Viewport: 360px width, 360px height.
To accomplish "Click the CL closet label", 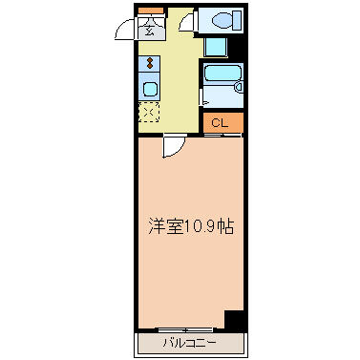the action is click(220, 123).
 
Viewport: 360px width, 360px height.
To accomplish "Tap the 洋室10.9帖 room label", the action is click(191, 226).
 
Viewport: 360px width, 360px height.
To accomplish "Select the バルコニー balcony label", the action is click(190, 343).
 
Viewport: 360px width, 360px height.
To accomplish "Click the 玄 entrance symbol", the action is click(149, 31).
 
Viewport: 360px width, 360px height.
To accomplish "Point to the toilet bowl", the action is click(222, 21).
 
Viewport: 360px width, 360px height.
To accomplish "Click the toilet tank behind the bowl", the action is click(237, 20).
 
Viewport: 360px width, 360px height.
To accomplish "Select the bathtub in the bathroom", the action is click(221, 74).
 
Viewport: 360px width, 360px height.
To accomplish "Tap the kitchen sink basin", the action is click(149, 89).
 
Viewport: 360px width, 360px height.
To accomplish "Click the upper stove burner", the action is click(149, 60).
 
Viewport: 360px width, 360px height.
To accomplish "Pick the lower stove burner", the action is click(149, 66).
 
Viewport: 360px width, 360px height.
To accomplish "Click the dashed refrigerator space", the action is click(149, 112).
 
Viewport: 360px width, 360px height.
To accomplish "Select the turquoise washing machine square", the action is click(216, 47).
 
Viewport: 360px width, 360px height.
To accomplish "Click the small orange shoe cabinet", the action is click(151, 11).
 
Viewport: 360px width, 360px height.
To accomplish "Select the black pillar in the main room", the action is click(234, 320).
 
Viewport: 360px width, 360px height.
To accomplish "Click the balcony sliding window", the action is click(186, 329).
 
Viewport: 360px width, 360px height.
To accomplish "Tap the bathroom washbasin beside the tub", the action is click(239, 86).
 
